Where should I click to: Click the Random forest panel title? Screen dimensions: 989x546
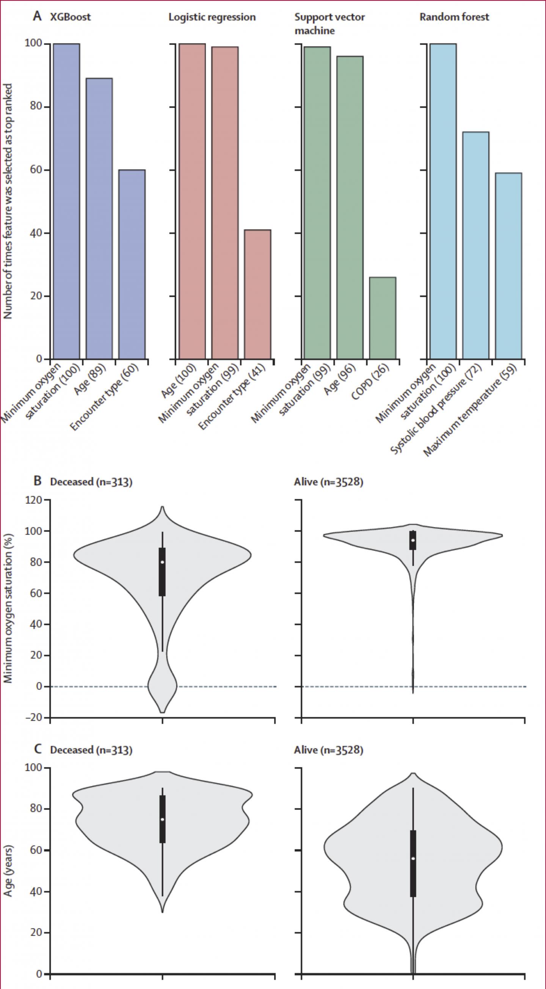point(454,17)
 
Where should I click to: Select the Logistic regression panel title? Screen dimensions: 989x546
point(212,17)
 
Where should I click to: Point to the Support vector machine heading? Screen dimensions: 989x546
point(329,24)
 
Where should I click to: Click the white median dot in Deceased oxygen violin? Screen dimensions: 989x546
point(162,562)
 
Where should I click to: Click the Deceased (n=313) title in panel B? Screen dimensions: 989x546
point(91,481)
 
